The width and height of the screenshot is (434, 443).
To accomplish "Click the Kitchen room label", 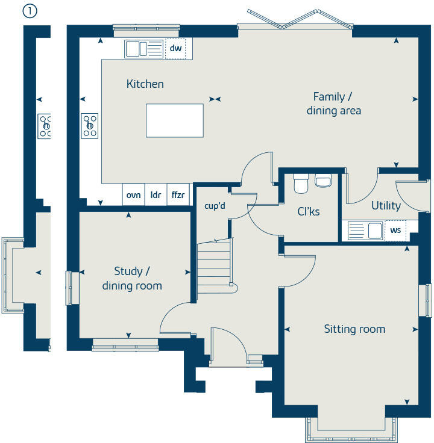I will point(145,84).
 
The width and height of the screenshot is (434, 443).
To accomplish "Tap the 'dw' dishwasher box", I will point(175,48).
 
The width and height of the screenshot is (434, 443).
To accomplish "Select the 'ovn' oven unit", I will point(134,194).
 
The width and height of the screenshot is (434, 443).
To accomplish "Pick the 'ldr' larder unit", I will point(156,194).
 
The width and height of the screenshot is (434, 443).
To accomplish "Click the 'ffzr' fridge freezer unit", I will point(178,194).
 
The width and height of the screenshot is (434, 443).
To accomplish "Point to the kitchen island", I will point(175,120).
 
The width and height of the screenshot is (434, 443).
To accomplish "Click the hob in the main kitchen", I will point(90,126).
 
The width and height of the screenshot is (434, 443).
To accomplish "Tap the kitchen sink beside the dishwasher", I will point(143,48).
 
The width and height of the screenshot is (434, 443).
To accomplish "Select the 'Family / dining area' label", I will point(333,104).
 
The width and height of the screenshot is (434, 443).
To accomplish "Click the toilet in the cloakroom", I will point(301,183).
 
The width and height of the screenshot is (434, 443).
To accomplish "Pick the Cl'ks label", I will point(309,211).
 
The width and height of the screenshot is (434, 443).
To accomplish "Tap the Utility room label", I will point(386,206).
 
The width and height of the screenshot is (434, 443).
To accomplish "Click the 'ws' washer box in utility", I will point(395,231).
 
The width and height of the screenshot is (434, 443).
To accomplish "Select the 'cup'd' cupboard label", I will point(215,206).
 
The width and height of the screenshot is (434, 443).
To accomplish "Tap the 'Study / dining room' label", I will point(132,279).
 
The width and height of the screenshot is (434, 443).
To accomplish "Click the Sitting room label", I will point(354,329).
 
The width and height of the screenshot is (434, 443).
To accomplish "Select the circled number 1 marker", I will point(30,11).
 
